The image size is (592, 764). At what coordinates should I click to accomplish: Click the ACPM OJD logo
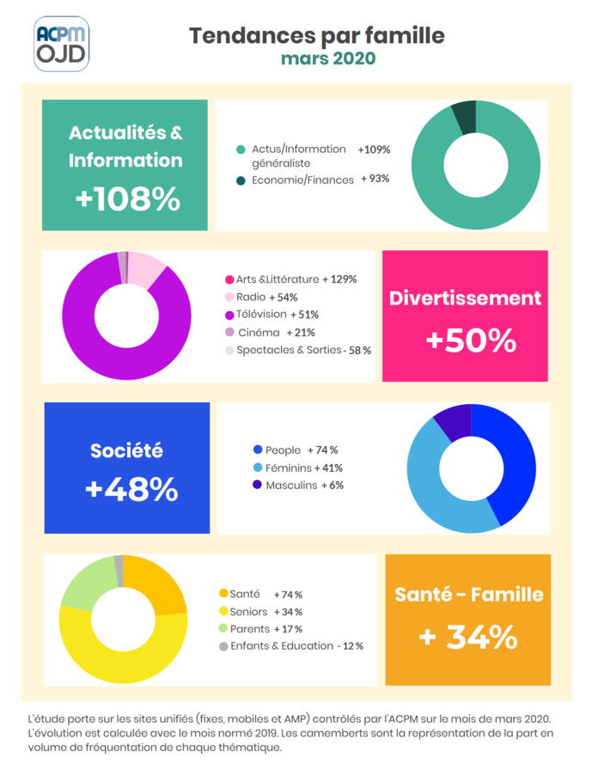click(61, 43)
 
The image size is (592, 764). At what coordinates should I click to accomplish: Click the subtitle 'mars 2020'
click(327, 58)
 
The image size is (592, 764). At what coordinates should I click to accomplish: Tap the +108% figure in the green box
click(127, 199)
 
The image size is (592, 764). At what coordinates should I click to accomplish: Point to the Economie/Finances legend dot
click(241, 180)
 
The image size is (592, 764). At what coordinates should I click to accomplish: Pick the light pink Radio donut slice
click(147, 269)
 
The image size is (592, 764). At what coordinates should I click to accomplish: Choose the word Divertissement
click(466, 298)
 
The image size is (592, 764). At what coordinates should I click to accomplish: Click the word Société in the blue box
click(126, 450)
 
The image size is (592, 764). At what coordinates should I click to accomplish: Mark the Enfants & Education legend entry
click(291, 645)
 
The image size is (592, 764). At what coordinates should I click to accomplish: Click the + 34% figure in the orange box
click(468, 637)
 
